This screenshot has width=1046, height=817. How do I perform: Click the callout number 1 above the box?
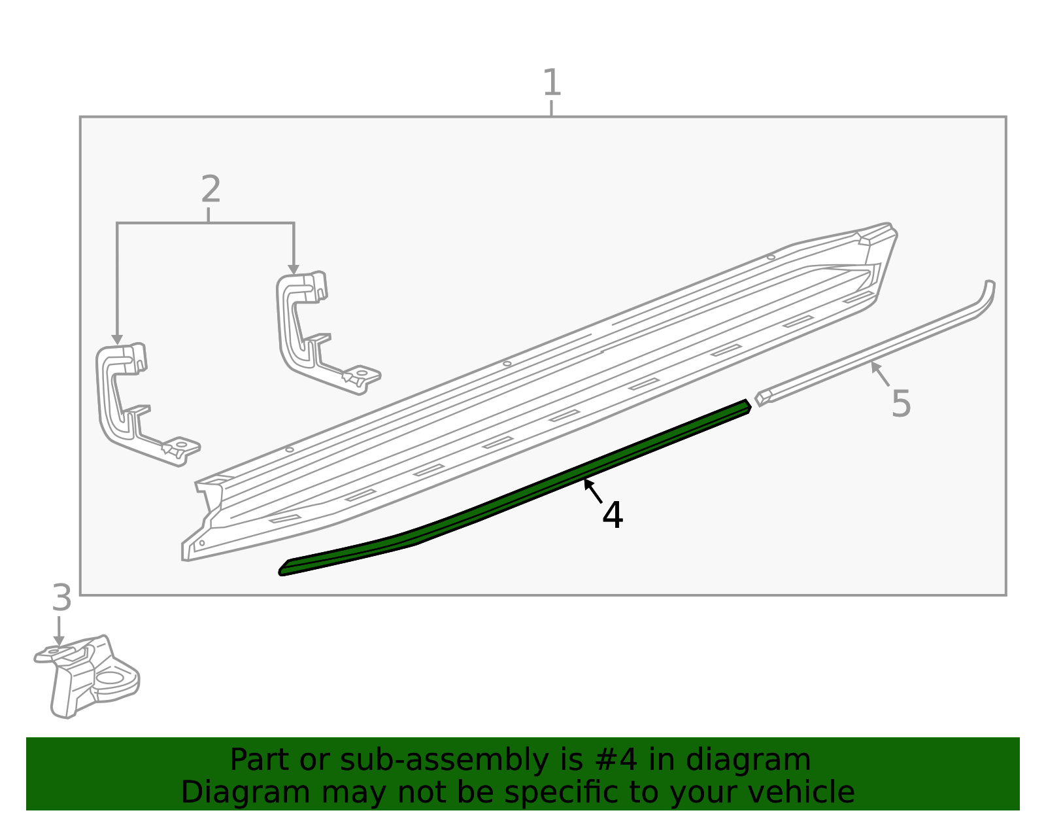pyautogui.click(x=552, y=82)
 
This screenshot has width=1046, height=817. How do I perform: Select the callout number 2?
pyautogui.click(x=211, y=189)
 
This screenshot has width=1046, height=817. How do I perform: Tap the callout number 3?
pyautogui.click(x=61, y=598)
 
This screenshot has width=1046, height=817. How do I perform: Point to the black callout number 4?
pyautogui.click(x=613, y=515)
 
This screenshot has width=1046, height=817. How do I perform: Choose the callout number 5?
pyautogui.click(x=901, y=404)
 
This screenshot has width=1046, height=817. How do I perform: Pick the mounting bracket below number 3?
pyautogui.click(x=87, y=676)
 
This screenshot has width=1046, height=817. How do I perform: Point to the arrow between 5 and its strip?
pyautogui.click(x=880, y=374)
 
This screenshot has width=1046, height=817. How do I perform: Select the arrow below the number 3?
pyautogui.click(x=59, y=631)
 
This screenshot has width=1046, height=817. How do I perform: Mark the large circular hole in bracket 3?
pyautogui.click(x=110, y=678)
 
